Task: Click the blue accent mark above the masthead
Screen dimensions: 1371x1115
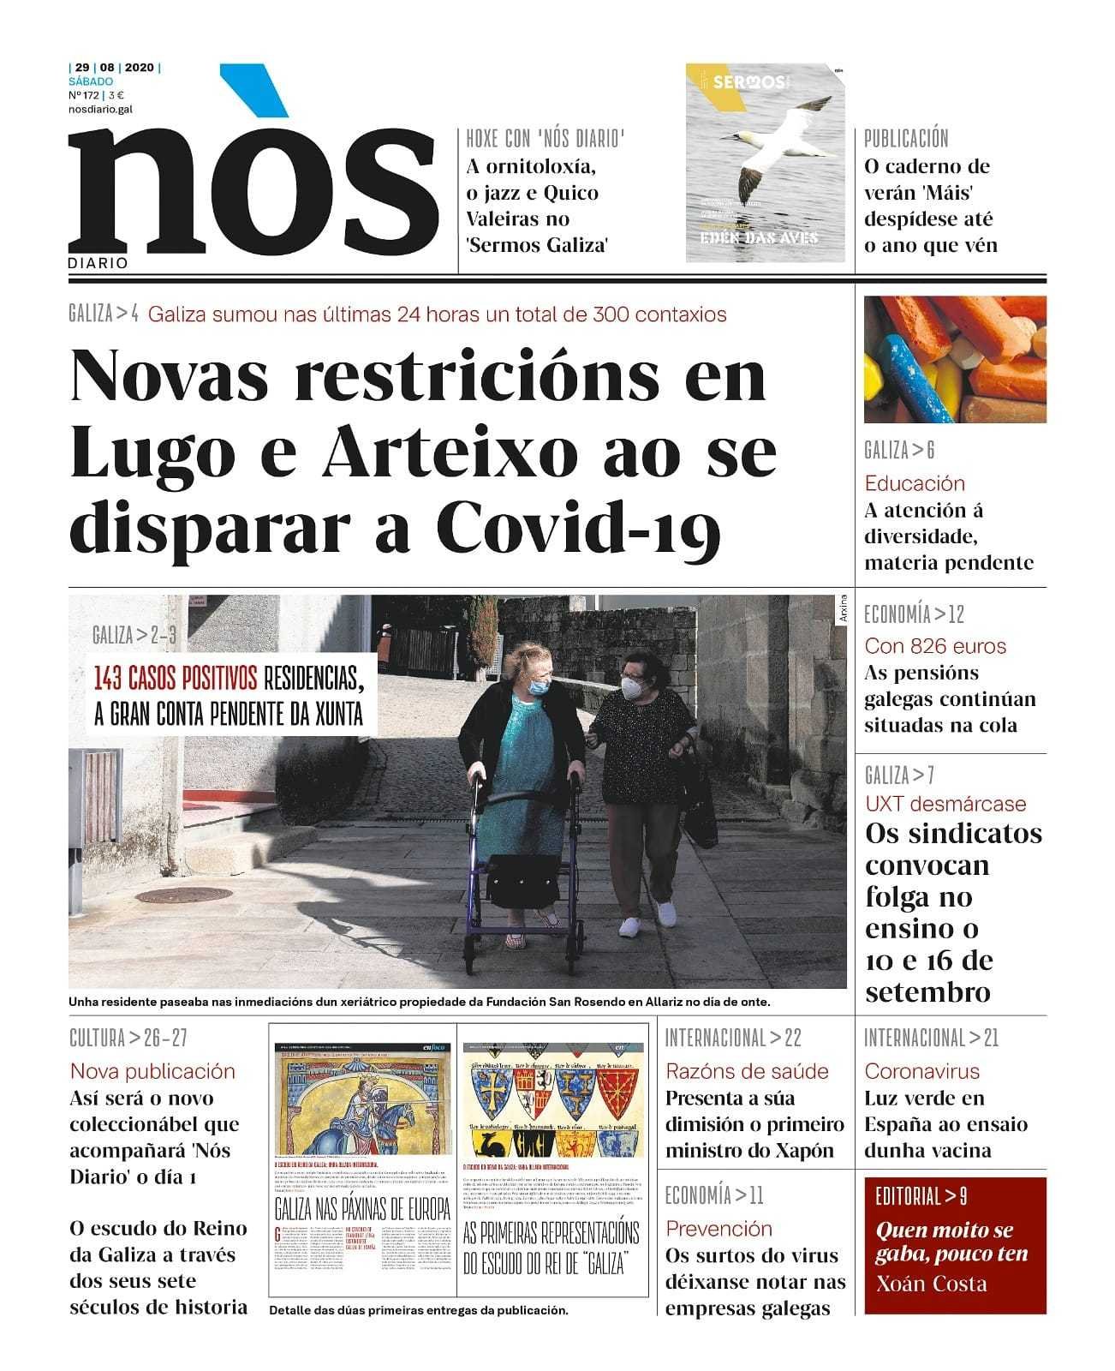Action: pyautogui.click(x=254, y=90)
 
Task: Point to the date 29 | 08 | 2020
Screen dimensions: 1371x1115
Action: pyautogui.click(x=114, y=68)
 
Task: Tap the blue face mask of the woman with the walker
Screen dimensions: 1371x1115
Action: pyautogui.click(x=538, y=685)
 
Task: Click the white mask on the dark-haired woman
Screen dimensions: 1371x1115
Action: pyautogui.click(x=634, y=686)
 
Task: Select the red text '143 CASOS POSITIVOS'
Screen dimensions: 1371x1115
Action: pyautogui.click(x=176, y=680)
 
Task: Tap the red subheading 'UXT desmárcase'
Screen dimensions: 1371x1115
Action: pyautogui.click(x=945, y=804)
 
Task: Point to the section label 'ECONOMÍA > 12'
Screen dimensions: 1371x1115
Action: pyautogui.click(x=914, y=614)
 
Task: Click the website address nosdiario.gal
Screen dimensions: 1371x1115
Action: pyautogui.click(x=100, y=109)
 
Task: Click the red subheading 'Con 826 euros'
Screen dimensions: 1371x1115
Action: pyautogui.click(x=935, y=646)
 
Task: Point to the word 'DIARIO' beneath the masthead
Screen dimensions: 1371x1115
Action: pyautogui.click(x=98, y=263)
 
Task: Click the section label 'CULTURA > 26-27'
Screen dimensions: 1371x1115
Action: pyautogui.click(x=128, y=1039)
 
